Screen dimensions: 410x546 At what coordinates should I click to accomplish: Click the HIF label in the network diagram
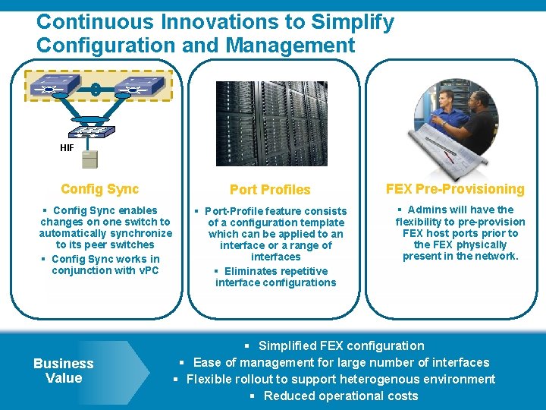click(x=67, y=148)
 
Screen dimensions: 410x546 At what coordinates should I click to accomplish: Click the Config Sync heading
click(x=100, y=189)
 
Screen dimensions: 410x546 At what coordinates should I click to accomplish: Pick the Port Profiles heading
click(x=270, y=190)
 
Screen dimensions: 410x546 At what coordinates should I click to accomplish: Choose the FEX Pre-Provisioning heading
click(x=455, y=189)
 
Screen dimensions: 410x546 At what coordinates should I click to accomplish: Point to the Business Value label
click(x=64, y=371)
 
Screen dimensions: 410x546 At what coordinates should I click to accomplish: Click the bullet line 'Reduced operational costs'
click(x=334, y=396)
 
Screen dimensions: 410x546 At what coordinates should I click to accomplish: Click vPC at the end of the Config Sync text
click(x=146, y=270)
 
